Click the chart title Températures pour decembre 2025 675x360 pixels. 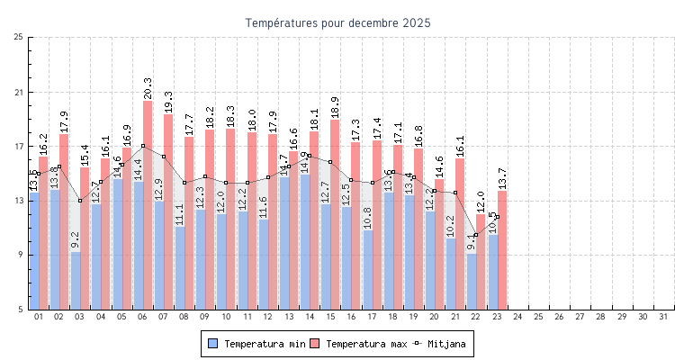[337, 22]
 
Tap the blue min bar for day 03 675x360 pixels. [76, 281]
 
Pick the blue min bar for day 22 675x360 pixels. [472, 282]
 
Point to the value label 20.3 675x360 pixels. [148, 87]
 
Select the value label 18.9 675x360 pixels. [335, 106]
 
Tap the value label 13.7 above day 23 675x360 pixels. [502, 177]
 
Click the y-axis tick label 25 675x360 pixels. [19, 37]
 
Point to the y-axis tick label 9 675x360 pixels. [21, 255]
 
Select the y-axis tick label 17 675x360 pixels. [19, 146]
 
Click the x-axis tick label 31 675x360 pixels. [663, 317]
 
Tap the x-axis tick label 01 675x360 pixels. [39, 317]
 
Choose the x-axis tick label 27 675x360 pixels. [580, 317]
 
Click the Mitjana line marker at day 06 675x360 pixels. [142, 146]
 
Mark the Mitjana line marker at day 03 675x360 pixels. [80, 201]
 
